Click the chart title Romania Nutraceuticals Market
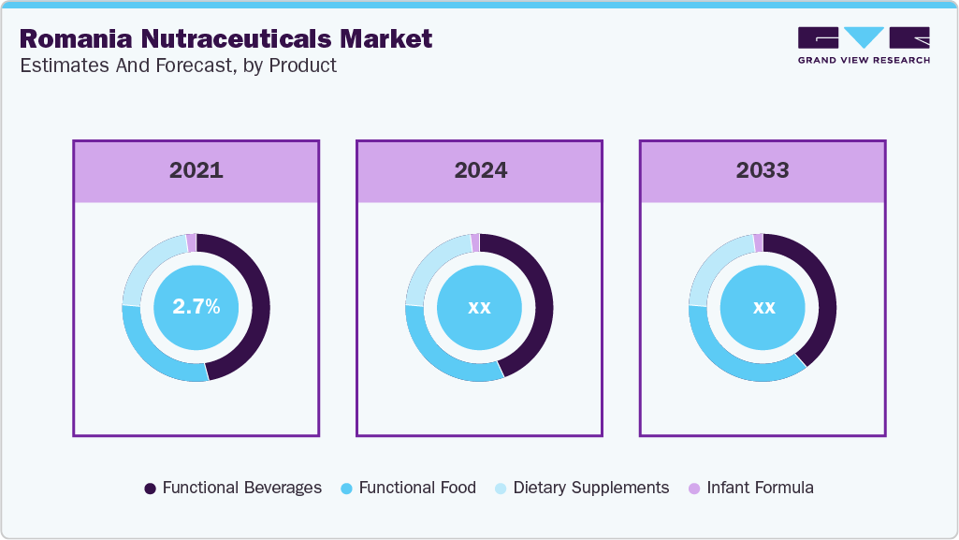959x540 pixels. tap(225, 38)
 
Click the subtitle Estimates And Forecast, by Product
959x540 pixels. tap(178, 66)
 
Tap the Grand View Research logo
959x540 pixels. tap(864, 44)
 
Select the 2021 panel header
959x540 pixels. tap(196, 170)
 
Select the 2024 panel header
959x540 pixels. tap(480, 170)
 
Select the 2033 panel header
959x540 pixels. tap(763, 170)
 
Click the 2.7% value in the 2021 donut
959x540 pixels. tap(196, 307)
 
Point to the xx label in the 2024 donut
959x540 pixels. tap(479, 307)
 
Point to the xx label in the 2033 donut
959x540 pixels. tap(763, 307)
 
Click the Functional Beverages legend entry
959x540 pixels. tap(233, 488)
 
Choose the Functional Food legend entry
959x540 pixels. tap(408, 488)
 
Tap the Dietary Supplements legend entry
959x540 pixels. tap(582, 488)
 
